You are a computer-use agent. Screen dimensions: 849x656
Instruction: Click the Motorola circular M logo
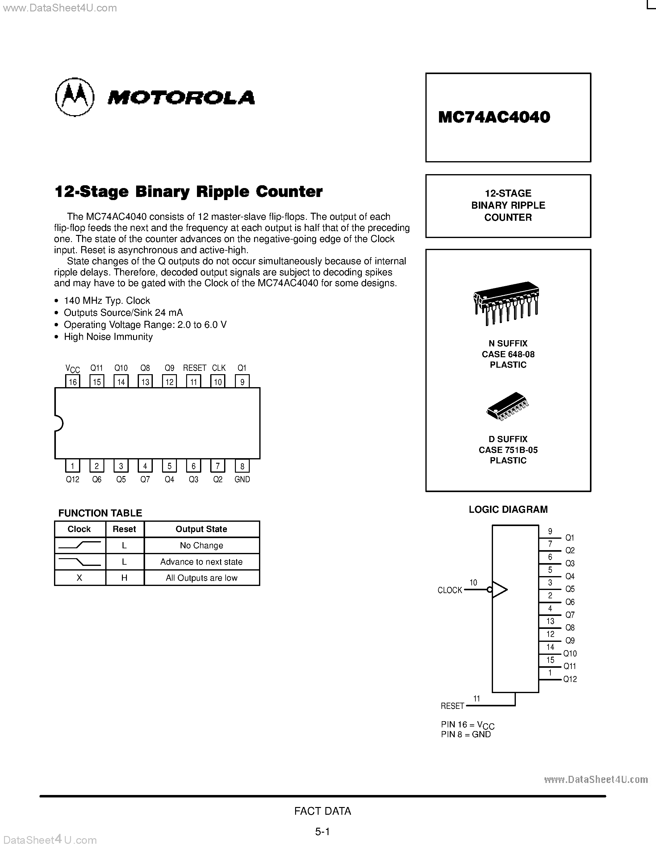tap(75, 97)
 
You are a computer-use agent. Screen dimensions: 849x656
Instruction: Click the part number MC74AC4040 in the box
tap(494, 117)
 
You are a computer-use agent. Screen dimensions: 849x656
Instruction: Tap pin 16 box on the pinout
tap(73, 381)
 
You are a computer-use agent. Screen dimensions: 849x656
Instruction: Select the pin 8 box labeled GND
tap(242, 466)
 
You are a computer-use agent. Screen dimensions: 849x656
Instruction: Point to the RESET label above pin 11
tap(194, 368)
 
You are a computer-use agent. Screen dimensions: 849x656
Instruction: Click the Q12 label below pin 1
tap(73, 479)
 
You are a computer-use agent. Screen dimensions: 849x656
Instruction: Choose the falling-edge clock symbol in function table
tap(80, 561)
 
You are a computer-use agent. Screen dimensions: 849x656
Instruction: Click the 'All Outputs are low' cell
tap(201, 578)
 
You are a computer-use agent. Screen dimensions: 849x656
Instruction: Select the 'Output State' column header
tap(201, 529)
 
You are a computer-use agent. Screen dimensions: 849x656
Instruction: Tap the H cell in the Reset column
tap(124, 578)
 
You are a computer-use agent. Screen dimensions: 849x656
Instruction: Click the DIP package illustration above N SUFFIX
tap(506, 303)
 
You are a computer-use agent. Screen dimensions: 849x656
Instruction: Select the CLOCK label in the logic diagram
tap(450, 590)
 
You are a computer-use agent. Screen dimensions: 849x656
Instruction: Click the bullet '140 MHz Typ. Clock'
tap(107, 300)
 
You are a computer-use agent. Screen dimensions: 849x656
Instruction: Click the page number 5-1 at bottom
tap(322, 831)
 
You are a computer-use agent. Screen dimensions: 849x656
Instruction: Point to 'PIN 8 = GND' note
tap(466, 734)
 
